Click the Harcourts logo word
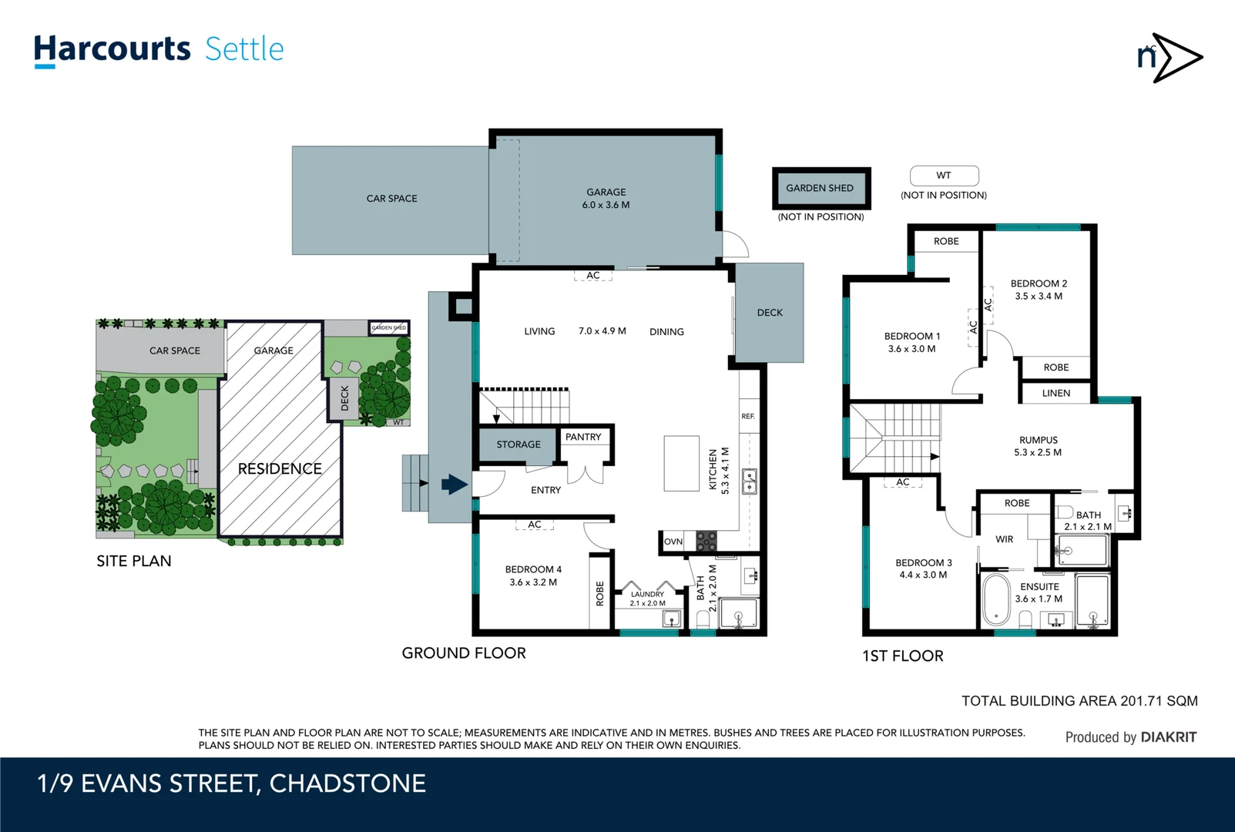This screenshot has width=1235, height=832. [x=112, y=49]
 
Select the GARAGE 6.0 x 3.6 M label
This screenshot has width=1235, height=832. [x=606, y=199]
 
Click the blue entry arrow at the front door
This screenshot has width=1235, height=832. [x=455, y=485]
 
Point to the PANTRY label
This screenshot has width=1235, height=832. [x=583, y=437]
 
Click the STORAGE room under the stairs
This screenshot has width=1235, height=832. [x=518, y=445]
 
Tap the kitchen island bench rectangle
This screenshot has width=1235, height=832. [x=681, y=463]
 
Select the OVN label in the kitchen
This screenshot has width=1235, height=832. [x=673, y=542]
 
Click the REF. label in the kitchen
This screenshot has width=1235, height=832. [x=748, y=416]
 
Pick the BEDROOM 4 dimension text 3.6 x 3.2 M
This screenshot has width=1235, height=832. [x=533, y=582]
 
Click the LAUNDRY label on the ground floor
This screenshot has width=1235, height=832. [x=647, y=594]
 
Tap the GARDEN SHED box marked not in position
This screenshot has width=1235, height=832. [x=821, y=188]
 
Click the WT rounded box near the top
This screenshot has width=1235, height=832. [x=944, y=176]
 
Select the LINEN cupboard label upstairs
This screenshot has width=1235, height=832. [x=1055, y=393]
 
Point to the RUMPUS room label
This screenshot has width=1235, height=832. [x=1038, y=440]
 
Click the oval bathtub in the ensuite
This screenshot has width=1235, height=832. [x=995, y=599]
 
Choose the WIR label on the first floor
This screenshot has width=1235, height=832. [x=1004, y=539]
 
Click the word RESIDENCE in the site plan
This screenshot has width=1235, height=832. [x=280, y=468]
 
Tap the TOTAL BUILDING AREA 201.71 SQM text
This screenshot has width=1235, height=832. [x=1079, y=701]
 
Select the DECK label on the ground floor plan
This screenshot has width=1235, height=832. [x=770, y=313]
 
